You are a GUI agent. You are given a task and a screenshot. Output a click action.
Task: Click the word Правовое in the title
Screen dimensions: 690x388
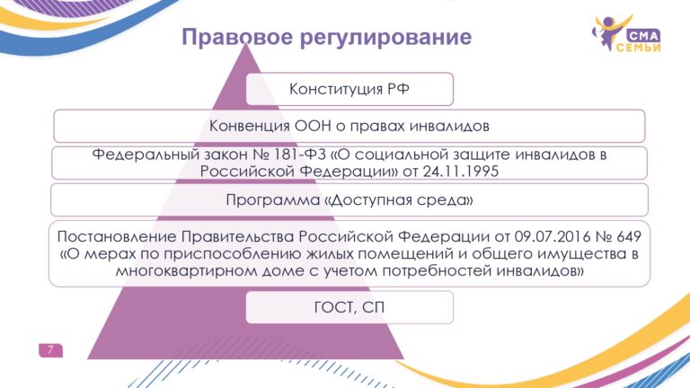point(237,38)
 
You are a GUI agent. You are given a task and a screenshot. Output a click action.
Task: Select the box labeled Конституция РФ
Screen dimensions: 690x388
point(349,89)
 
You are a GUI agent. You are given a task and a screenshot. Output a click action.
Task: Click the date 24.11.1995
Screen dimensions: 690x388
point(461,172)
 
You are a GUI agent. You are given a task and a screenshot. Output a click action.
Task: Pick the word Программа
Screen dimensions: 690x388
point(273,200)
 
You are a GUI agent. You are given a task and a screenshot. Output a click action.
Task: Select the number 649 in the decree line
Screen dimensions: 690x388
point(628,237)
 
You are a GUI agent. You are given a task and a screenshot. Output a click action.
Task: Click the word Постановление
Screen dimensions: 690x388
point(117,237)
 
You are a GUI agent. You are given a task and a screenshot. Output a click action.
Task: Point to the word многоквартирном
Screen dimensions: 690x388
point(187,270)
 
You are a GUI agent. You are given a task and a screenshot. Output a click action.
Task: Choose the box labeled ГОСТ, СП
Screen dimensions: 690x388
point(349,307)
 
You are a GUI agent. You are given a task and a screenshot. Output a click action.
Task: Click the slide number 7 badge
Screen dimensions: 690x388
point(50,350)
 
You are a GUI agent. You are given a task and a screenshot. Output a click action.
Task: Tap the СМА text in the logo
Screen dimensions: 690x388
point(643,36)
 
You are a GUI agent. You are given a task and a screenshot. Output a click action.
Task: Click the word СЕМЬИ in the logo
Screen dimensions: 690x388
point(638,48)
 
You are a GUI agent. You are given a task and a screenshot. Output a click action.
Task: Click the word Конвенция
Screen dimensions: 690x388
point(250,126)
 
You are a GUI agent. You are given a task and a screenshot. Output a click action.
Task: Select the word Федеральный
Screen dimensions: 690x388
point(146,154)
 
